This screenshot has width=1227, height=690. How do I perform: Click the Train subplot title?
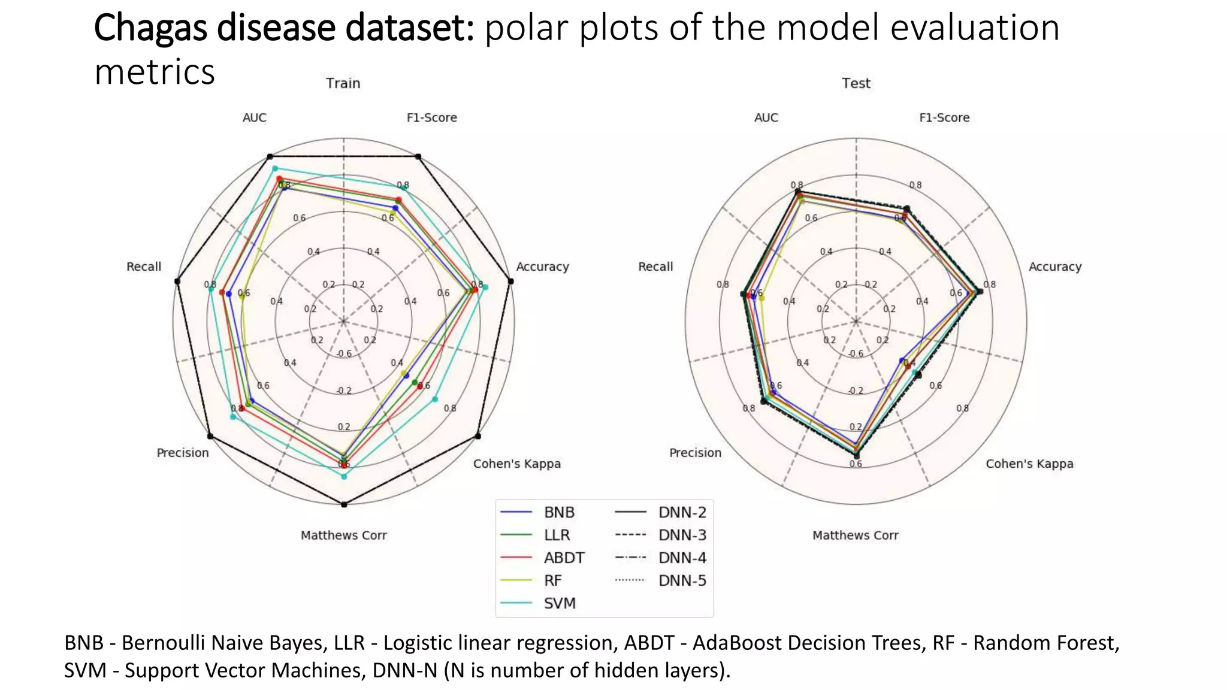pyautogui.click(x=343, y=83)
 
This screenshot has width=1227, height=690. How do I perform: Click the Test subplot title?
pyautogui.click(x=856, y=83)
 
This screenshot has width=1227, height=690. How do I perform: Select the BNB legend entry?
pyautogui.click(x=558, y=512)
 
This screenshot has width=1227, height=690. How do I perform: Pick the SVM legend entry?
pyautogui.click(x=559, y=603)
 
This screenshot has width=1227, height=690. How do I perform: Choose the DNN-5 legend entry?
pyautogui.click(x=682, y=580)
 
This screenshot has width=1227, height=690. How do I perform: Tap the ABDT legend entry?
pyautogui.click(x=563, y=558)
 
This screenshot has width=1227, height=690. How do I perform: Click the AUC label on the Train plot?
pyautogui.click(x=254, y=117)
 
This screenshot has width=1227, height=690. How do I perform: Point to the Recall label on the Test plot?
pyautogui.click(x=655, y=267)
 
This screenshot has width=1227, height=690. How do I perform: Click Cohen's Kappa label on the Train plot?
pyautogui.click(x=516, y=464)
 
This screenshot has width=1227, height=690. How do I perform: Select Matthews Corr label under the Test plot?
pyautogui.click(x=855, y=535)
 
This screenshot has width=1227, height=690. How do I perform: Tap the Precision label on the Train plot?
pyautogui.click(x=183, y=453)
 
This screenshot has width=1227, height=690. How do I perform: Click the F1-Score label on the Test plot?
pyautogui.click(x=944, y=117)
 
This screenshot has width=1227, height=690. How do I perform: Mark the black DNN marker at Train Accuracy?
pyautogui.click(x=510, y=281)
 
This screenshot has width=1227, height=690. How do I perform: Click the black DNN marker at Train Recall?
pyautogui.click(x=177, y=281)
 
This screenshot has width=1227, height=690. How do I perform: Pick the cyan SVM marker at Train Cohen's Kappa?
pyautogui.click(x=436, y=399)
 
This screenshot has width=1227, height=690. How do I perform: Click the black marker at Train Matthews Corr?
pyautogui.click(x=344, y=505)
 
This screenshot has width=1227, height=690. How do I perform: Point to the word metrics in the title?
pyautogui.click(x=155, y=72)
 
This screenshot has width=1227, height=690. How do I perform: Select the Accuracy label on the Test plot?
pyautogui.click(x=1054, y=267)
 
